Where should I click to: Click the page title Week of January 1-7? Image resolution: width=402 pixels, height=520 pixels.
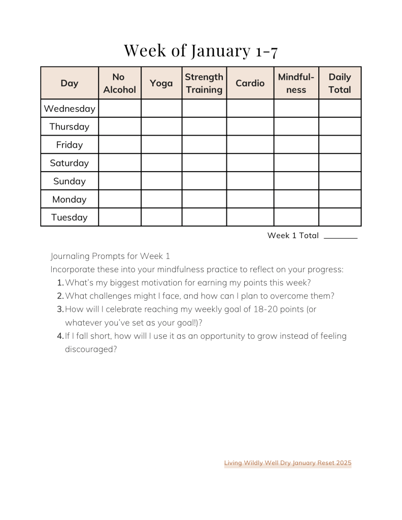pyautogui.click(x=200, y=50)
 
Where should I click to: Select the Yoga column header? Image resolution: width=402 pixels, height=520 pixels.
pyautogui.click(x=161, y=83)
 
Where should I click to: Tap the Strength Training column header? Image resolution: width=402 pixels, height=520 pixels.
pyautogui.click(x=204, y=83)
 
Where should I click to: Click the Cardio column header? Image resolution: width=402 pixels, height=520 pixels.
pyautogui.click(x=250, y=83)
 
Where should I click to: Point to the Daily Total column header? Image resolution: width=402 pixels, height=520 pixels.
pyautogui.click(x=340, y=83)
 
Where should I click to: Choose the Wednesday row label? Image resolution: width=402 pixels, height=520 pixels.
pyautogui.click(x=70, y=109)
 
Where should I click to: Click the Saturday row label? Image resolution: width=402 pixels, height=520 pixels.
pyautogui.click(x=70, y=163)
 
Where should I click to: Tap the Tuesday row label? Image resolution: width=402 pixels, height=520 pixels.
pyautogui.click(x=70, y=217)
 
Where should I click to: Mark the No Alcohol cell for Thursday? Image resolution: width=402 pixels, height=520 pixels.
pyautogui.click(x=120, y=126)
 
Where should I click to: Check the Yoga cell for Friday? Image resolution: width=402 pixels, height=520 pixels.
pyautogui.click(x=161, y=145)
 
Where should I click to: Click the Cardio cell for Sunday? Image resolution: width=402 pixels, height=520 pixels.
pyautogui.click(x=250, y=181)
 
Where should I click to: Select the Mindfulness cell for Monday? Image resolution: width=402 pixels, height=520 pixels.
pyautogui.click(x=296, y=199)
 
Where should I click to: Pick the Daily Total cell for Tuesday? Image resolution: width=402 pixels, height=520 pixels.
pyautogui.click(x=340, y=217)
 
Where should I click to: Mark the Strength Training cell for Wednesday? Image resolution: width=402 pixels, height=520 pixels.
pyautogui.click(x=204, y=109)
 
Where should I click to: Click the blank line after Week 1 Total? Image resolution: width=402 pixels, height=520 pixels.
pyautogui.click(x=340, y=236)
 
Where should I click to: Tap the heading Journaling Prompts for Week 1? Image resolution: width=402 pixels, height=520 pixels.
pyautogui.click(x=110, y=256)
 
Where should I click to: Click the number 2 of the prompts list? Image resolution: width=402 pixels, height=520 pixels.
pyautogui.click(x=60, y=296)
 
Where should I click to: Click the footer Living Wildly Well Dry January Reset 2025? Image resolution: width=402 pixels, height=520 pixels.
pyautogui.click(x=287, y=463)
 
